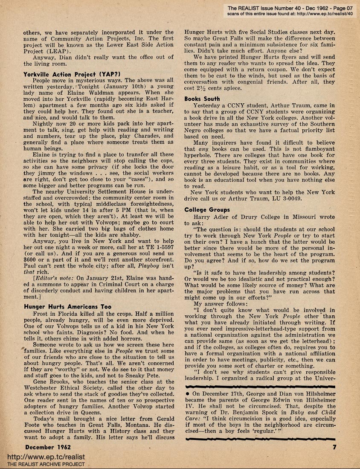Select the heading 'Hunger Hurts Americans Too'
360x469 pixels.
point(67,306)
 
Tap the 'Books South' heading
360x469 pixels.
point(202,99)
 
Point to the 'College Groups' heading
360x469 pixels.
point(207,210)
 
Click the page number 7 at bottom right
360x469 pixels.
point(335,447)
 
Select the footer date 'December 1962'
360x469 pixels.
point(46,447)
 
